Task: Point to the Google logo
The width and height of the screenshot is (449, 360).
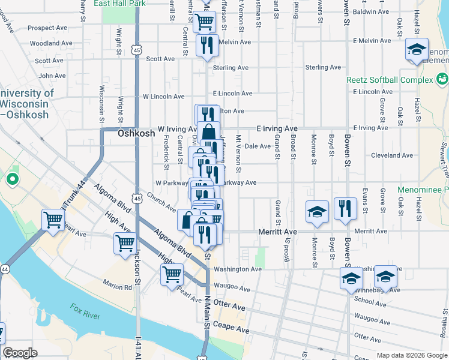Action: [x=20, y=353]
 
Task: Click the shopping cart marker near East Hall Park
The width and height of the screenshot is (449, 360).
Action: [x=205, y=22]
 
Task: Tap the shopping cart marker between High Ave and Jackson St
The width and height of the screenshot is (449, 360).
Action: [x=125, y=244]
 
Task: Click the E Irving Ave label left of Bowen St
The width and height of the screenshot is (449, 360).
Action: [x=277, y=128]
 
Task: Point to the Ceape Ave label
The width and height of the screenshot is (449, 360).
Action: [x=234, y=329]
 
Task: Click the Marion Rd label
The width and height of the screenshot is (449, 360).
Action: [x=117, y=287]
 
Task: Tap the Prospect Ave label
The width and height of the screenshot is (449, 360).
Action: [x=47, y=28]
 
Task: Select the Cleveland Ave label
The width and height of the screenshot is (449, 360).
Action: [x=391, y=155]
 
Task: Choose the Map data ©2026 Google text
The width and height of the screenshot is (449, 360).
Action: [x=411, y=355]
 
